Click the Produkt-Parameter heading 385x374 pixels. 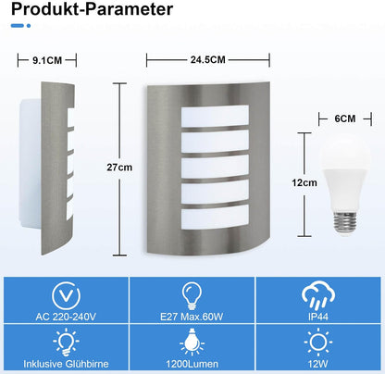tap(92, 9)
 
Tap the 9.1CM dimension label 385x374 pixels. tap(47, 60)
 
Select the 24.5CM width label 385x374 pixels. tap(207, 60)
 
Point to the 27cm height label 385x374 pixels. tap(119, 168)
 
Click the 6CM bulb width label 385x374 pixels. tap(345, 118)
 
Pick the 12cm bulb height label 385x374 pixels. tap(304, 182)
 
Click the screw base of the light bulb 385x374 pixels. tap(345, 222)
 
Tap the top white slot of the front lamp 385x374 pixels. tap(215, 116)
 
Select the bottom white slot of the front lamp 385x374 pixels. tap(215, 218)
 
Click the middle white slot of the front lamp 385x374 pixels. tap(215, 167)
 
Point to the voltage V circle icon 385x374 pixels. tap(66, 295)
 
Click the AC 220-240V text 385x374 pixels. tap(66, 317)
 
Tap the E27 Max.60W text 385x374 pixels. tap(192, 317)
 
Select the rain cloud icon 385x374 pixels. tap(318, 295)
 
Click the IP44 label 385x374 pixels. tap(318, 317)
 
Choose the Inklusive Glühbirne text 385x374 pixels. tap(66, 364)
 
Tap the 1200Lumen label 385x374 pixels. tap(192, 364)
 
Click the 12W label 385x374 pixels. tap(318, 364)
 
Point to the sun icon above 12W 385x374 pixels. tap(318, 343)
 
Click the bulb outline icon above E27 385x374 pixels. tap(192, 295)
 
